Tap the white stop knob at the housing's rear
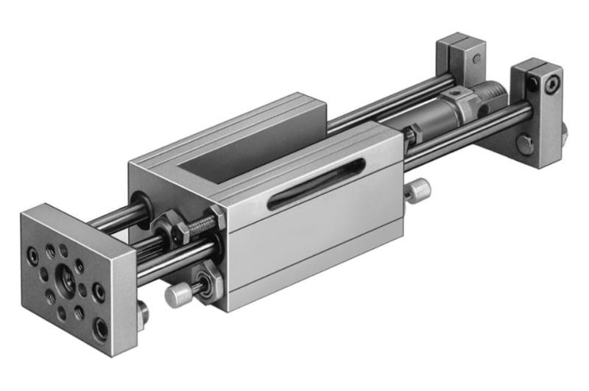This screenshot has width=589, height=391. tap(419, 190)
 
